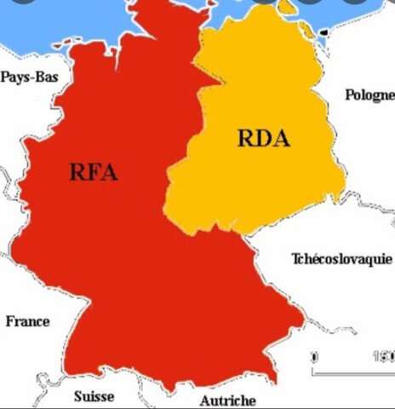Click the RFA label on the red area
coord(93,173)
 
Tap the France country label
coord(27,321)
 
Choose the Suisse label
coord(94,396)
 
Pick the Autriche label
coord(227,400)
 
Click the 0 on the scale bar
coord(314,357)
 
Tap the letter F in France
coord(10,321)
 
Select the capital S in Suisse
coord(78,396)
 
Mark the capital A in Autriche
coord(204,400)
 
